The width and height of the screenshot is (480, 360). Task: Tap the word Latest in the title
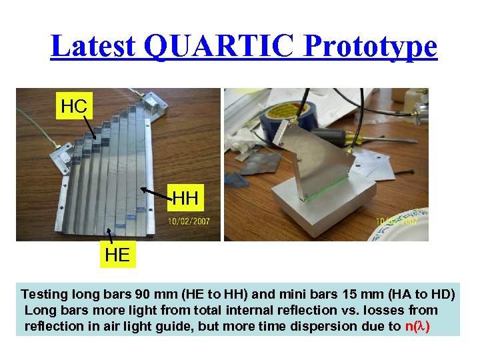(x=93, y=47)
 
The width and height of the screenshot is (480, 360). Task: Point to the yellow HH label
(x=185, y=198)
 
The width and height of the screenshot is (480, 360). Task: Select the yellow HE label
(x=117, y=254)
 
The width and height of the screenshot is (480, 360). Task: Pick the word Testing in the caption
(x=44, y=294)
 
